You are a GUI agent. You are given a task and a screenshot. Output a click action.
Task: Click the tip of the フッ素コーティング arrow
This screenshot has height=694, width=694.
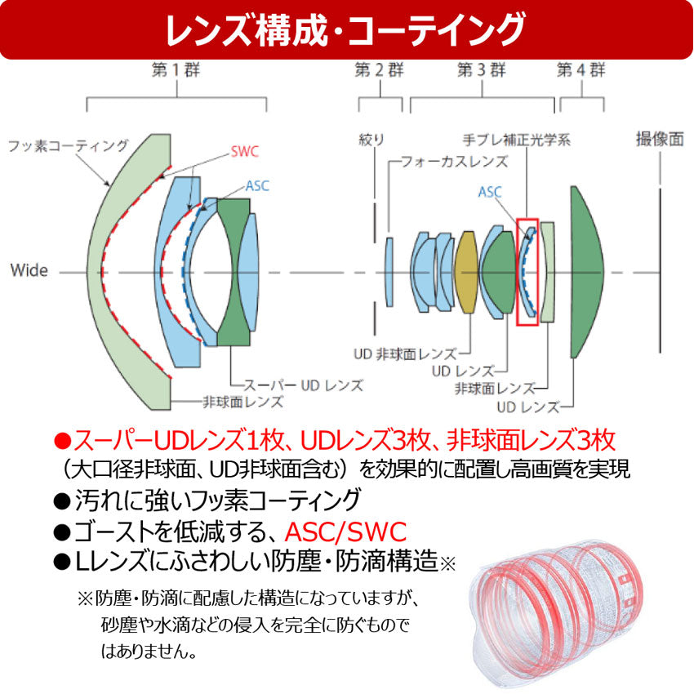tap(109, 186)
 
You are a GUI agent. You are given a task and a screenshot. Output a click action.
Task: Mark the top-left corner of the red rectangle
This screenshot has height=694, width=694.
tap(517, 219)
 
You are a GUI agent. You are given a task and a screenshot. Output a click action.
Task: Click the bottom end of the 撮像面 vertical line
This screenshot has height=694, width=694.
tap(660, 353)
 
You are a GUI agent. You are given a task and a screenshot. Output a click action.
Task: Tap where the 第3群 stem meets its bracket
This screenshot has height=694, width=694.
tap(482, 97)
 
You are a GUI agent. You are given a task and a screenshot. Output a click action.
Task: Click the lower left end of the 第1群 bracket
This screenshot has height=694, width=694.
tap(87, 112)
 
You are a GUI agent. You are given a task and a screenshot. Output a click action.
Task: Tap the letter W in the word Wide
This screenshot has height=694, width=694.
tap(18, 270)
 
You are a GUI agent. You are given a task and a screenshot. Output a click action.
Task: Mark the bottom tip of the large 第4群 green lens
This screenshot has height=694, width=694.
tap(572, 358)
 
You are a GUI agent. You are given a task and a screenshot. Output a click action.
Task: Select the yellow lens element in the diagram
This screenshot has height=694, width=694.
tap(466, 272)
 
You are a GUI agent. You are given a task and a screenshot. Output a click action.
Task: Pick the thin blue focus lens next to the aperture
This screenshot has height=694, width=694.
tap(389, 272)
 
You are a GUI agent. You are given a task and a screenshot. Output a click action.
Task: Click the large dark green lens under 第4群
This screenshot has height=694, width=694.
tap(585, 272)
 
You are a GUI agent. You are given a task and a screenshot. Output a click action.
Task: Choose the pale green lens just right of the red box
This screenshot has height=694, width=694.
tap(548, 272)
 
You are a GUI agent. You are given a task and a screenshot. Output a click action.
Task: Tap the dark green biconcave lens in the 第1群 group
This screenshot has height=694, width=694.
tap(234, 272)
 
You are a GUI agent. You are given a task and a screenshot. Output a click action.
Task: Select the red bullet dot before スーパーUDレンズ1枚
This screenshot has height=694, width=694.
tap(62, 440)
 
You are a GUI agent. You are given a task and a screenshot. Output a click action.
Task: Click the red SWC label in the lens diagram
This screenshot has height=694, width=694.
tap(244, 152)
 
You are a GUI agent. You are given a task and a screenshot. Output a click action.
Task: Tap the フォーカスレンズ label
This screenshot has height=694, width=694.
tap(454, 162)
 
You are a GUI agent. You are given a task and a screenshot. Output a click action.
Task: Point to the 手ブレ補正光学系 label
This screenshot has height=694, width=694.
tap(517, 140)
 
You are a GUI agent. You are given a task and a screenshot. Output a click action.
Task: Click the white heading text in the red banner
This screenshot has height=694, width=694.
tap(345, 30)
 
